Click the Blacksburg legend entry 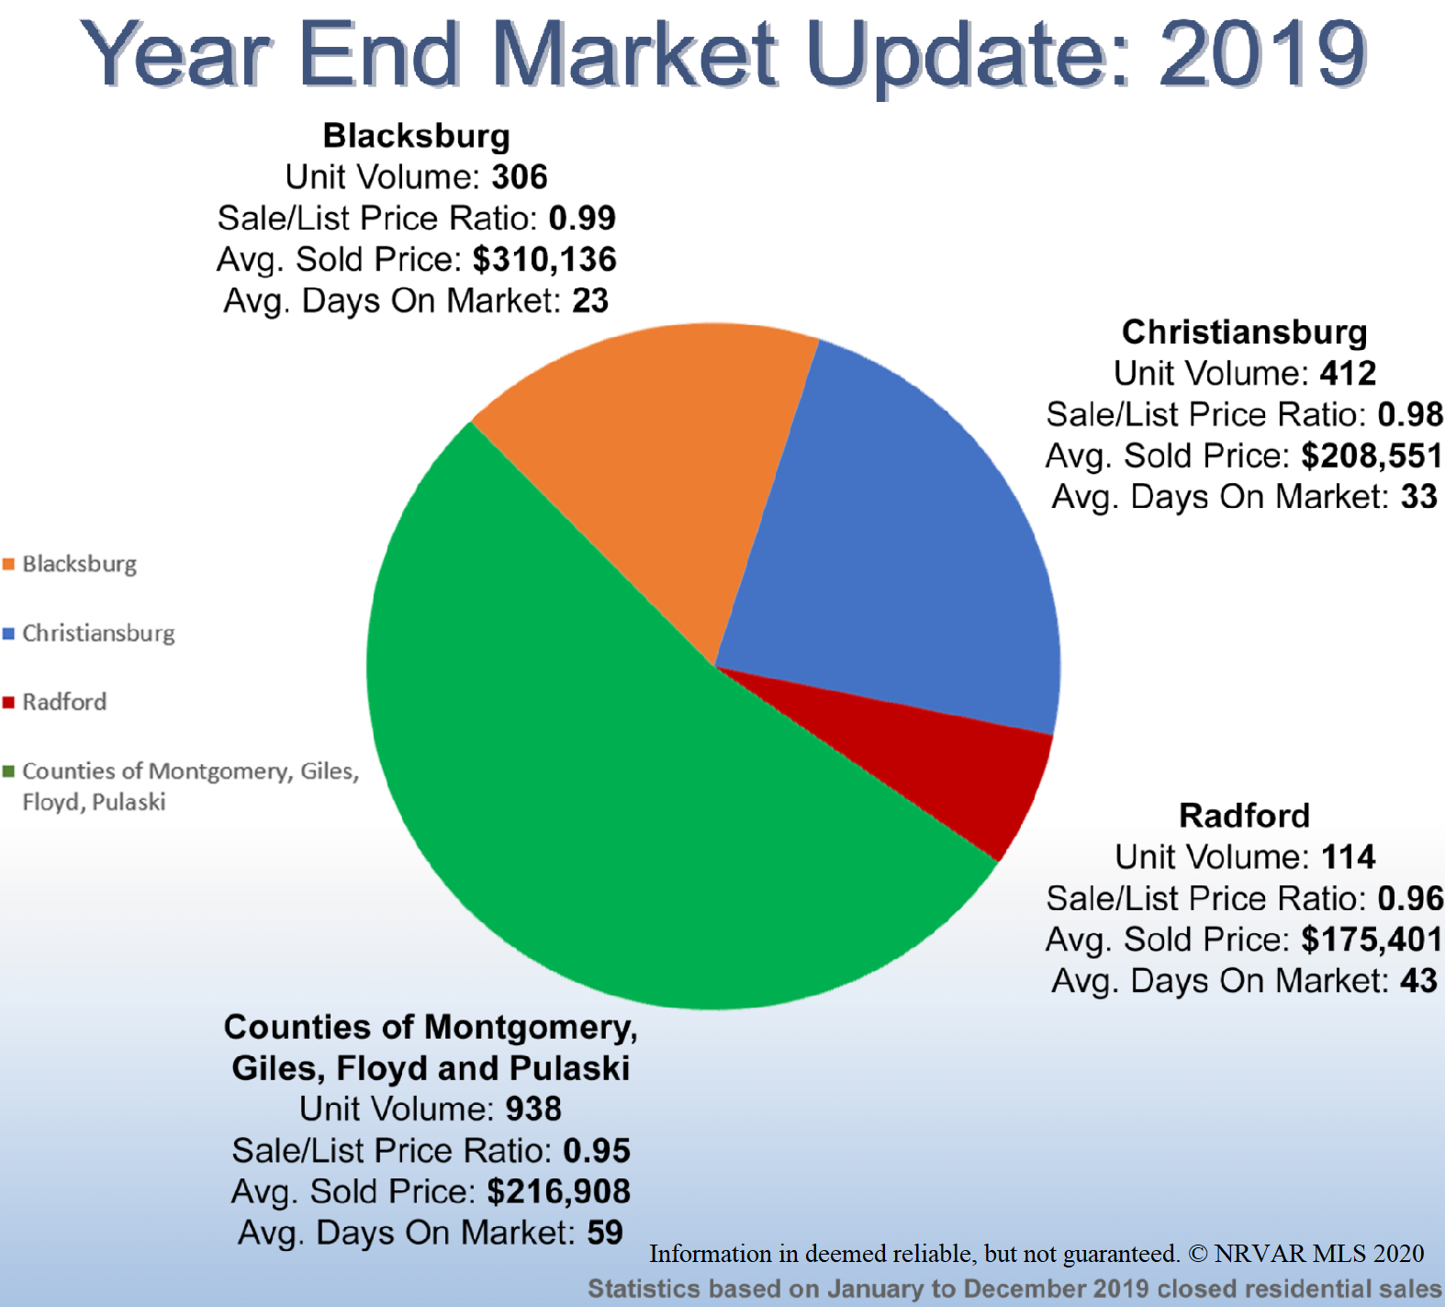pos(79,564)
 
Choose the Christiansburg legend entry pos(98,634)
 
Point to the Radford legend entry pos(64,703)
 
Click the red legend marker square pos(9,703)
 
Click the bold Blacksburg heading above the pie pos(416,136)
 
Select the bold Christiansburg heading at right pos(1244,332)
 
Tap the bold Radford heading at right pos(1244,816)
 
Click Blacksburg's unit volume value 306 pos(520,177)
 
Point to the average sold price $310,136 pos(544,260)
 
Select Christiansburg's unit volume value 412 pos(1348,374)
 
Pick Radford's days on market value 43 pos(1418,981)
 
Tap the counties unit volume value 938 pos(533,1110)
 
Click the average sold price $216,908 pos(558,1192)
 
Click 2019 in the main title pos(1263,53)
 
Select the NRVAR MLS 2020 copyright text pos(1318,1254)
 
